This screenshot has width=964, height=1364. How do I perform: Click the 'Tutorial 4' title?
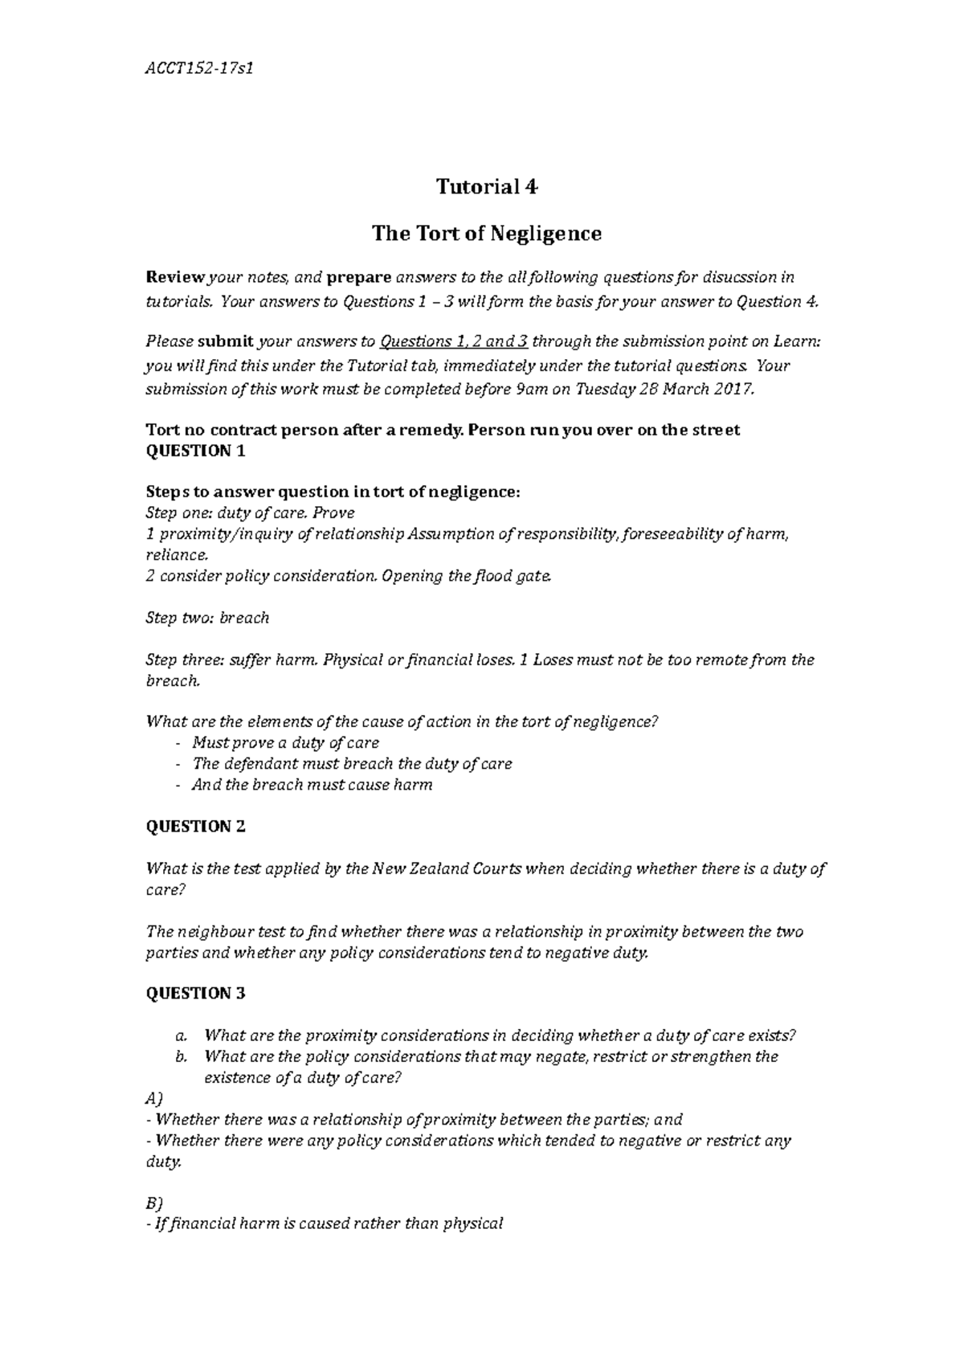pos(486,187)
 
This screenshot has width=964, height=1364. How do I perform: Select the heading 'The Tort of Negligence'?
pos(486,234)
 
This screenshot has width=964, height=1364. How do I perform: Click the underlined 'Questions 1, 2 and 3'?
pos(453,341)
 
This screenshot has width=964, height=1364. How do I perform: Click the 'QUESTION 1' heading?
pos(195,451)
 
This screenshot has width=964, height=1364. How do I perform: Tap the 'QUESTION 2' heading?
pos(195,827)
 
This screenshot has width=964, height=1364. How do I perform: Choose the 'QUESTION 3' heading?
pos(195,994)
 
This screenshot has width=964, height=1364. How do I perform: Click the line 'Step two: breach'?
pos(207,618)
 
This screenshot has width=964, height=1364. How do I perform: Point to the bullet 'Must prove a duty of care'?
pos(285,743)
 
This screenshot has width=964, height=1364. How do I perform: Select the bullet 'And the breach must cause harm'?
pos(312,785)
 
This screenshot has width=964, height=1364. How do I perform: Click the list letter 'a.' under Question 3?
pos(181,1035)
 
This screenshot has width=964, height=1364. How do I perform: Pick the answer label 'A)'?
pos(154,1098)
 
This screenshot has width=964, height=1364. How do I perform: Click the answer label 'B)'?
pos(153,1203)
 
